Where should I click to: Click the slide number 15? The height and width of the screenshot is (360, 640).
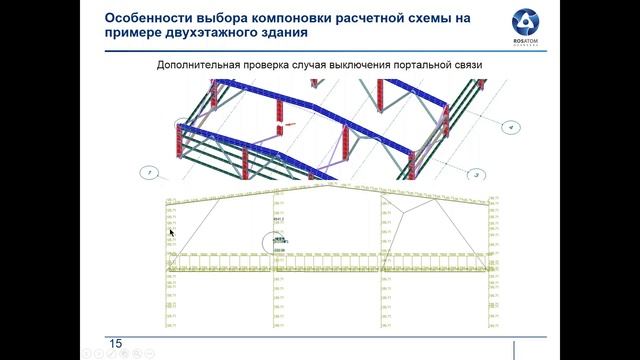coord(115,344)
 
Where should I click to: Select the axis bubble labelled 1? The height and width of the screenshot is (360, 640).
coord(150,172)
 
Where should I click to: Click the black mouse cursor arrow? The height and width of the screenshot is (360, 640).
coord(170,233)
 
